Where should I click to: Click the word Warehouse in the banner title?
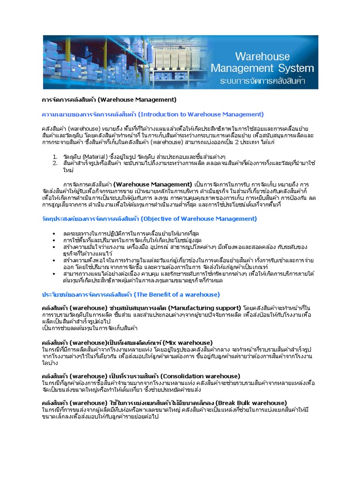coord(264,57)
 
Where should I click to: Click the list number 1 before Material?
coord(55,156)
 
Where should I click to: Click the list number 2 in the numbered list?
coord(55,163)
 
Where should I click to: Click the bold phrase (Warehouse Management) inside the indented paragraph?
coord(153,184)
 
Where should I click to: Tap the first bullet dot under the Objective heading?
coord(55,233)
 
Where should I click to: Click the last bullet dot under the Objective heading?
coord(55,273)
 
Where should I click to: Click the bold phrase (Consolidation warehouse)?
coord(200,376)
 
